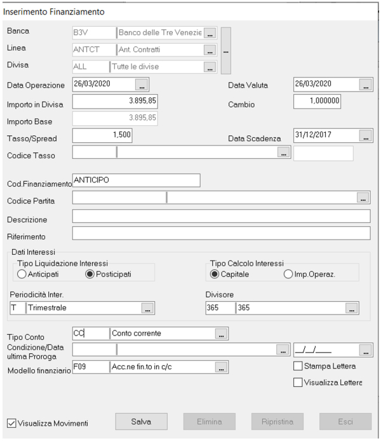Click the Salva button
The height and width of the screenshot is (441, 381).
[141, 421]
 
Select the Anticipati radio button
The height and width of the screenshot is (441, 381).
[22, 275]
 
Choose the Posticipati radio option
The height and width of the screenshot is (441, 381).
[90, 275]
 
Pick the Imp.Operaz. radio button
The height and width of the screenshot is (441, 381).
[288, 275]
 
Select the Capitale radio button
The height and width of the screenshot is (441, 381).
[215, 275]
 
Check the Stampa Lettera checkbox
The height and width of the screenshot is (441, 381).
[298, 366]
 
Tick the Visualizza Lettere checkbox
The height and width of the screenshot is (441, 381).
[298, 382]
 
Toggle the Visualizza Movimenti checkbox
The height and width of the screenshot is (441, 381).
[11, 423]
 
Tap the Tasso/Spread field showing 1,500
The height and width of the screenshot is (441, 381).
[102, 135]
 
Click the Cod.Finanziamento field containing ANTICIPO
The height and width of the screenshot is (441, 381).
[136, 180]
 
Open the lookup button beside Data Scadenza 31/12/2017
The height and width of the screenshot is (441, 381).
[364, 135]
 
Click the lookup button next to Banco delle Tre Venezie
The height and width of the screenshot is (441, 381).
[210, 32]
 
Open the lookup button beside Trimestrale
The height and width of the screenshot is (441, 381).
[147, 308]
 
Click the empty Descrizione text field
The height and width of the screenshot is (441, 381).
[221, 217]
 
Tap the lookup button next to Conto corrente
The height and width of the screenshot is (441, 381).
[220, 334]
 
